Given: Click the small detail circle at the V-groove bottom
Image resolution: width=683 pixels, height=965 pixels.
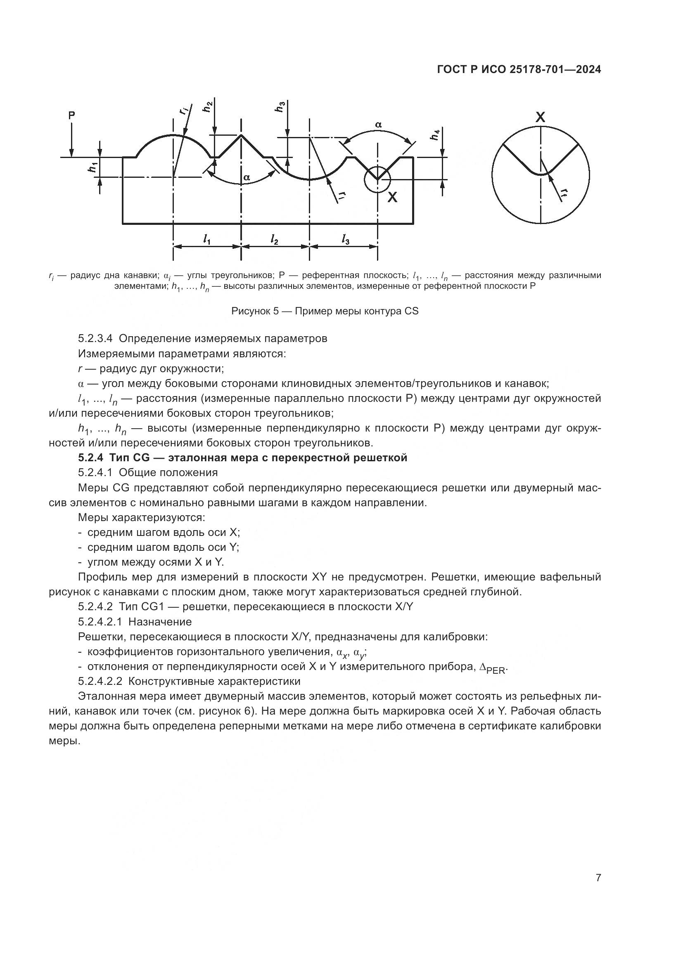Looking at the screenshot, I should (377, 179).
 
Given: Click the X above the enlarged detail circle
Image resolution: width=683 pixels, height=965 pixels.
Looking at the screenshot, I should (540, 117).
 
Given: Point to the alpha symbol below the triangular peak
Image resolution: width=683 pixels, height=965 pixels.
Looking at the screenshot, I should (247, 177).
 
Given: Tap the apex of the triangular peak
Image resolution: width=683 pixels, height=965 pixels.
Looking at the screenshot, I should (241, 135).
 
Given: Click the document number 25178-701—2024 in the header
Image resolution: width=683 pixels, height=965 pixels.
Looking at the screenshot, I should (555, 70).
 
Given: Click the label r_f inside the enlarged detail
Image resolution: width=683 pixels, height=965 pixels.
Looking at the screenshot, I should (565, 193).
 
